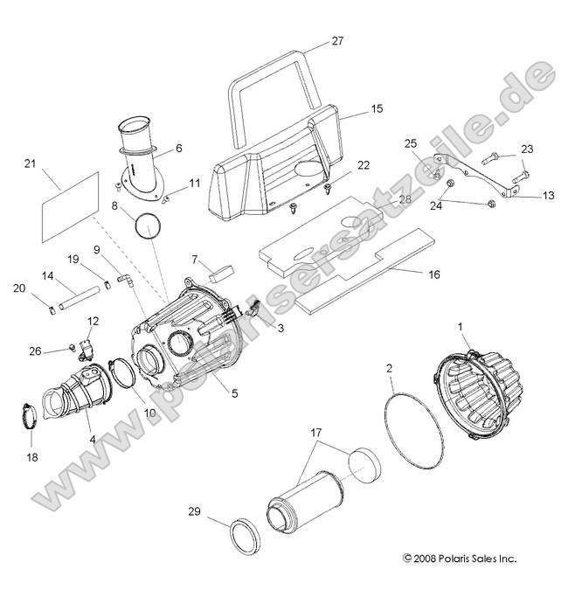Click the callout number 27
click(338, 41)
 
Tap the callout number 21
click(29, 163)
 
